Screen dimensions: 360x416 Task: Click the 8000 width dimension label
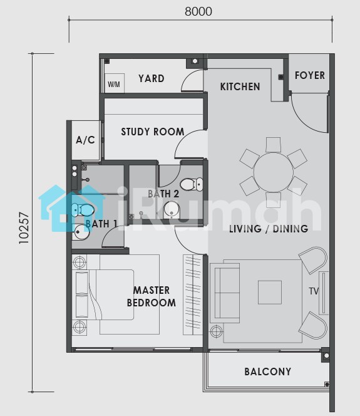(x=198, y=11)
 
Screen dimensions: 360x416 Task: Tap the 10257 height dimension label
(x=24, y=227)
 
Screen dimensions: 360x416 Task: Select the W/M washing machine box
(x=115, y=83)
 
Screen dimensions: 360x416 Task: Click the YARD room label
(x=152, y=78)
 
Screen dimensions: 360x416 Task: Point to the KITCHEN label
(x=240, y=86)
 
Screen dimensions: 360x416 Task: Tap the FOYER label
(x=310, y=75)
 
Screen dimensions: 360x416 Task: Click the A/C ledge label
(x=85, y=140)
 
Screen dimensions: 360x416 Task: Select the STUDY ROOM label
(x=152, y=132)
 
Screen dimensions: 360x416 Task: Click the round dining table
(x=274, y=172)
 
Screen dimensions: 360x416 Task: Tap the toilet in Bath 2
(x=192, y=184)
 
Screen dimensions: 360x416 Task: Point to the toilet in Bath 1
(x=83, y=210)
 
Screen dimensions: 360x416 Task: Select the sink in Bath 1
(x=81, y=232)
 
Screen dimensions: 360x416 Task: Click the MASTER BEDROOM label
(x=152, y=296)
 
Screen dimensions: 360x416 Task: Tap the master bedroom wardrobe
(x=193, y=294)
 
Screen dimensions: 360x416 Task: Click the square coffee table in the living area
(x=270, y=293)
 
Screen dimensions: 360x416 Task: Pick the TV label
(x=314, y=291)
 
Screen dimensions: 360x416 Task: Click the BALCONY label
(x=268, y=372)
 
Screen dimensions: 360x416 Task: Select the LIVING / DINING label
(x=269, y=229)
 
